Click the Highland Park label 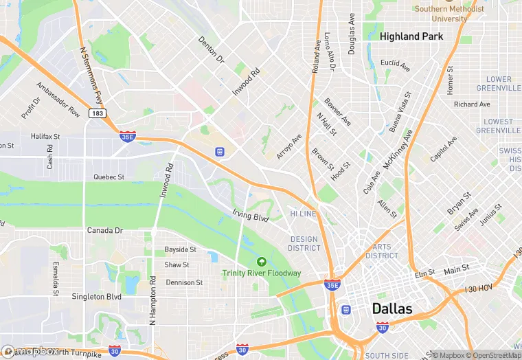(x=411, y=36)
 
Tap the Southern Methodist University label (x=450, y=14)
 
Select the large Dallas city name (x=392, y=308)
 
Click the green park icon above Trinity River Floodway (x=261, y=261)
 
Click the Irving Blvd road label (x=250, y=216)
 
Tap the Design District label (x=304, y=244)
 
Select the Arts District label (x=382, y=251)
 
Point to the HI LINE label (x=302, y=214)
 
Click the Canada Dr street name (x=104, y=230)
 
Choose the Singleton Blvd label (x=96, y=297)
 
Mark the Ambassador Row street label (x=58, y=100)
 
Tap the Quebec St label (x=109, y=177)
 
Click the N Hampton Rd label (x=152, y=301)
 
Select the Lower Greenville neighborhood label (x=499, y=84)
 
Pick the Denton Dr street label (x=212, y=50)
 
